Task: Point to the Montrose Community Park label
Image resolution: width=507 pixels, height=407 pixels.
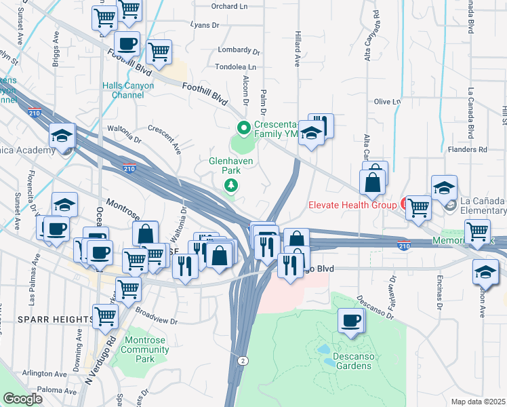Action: (145, 354)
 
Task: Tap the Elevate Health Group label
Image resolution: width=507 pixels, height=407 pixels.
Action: (352, 203)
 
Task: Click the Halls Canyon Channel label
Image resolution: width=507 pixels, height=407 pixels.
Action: (128, 90)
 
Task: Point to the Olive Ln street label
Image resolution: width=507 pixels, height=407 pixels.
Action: (388, 102)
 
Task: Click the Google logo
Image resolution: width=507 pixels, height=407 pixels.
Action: (23, 399)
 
